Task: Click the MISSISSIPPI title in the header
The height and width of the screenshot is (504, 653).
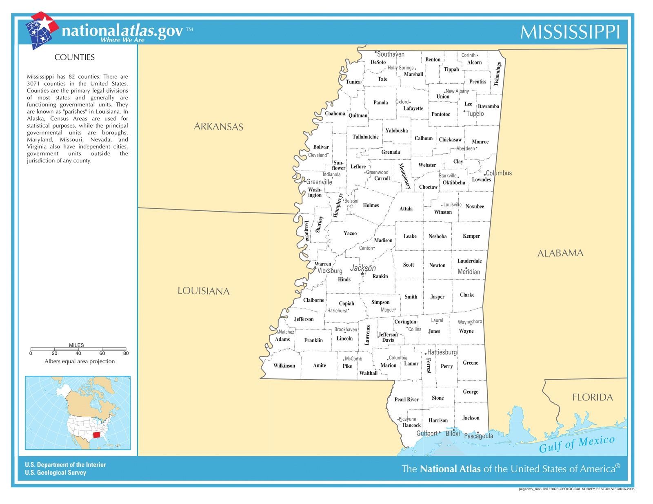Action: pyautogui.click(x=570, y=32)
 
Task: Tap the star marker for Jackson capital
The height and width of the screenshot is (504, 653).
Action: pyautogui.click(x=362, y=274)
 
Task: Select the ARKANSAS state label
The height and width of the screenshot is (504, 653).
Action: pyautogui.click(x=218, y=126)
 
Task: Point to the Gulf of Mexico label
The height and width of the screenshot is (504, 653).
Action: pyautogui.click(x=576, y=444)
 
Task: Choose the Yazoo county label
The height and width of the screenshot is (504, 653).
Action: pyautogui.click(x=350, y=233)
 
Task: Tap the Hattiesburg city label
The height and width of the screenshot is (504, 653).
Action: pyautogui.click(x=442, y=352)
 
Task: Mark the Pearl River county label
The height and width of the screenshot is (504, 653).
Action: pyautogui.click(x=406, y=399)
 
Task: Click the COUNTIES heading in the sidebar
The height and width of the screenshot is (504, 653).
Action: pyautogui.click(x=75, y=57)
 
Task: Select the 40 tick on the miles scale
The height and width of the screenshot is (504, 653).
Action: pyautogui.click(x=78, y=353)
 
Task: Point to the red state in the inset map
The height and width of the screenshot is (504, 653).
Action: pyautogui.click(x=97, y=435)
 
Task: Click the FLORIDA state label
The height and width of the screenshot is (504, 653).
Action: pyautogui.click(x=592, y=397)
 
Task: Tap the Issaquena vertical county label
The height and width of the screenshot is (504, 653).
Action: pyautogui.click(x=307, y=231)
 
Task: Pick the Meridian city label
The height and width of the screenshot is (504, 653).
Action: pyautogui.click(x=469, y=272)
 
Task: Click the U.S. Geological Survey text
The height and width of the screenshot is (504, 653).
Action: pyautogui.click(x=56, y=473)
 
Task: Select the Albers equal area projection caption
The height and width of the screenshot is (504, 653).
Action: pyautogui.click(x=80, y=361)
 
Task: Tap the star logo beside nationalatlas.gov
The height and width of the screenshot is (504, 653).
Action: pyautogui.click(x=41, y=29)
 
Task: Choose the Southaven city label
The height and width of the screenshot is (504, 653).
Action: pyautogui.click(x=390, y=54)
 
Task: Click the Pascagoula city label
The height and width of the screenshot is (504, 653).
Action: pyautogui.click(x=478, y=436)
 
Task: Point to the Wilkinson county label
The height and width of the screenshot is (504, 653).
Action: pyautogui.click(x=284, y=365)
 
